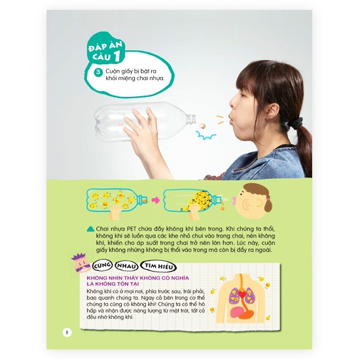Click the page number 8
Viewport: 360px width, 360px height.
point(67,333)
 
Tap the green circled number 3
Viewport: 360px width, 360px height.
point(98,72)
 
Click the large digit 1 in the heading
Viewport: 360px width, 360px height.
point(117,56)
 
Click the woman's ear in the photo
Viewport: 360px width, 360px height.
point(272,109)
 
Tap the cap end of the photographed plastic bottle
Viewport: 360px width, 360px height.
point(191,119)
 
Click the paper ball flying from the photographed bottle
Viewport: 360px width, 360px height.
point(202,126)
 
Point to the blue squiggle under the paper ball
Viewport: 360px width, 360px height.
point(206,135)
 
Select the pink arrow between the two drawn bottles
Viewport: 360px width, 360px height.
point(156,200)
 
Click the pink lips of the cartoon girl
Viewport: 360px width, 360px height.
point(234,201)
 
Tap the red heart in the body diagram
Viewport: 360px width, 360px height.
point(242,293)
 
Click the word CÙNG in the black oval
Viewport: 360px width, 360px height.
point(102,266)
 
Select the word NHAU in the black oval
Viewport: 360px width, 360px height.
point(126,266)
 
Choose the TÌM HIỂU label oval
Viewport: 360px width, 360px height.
point(158,266)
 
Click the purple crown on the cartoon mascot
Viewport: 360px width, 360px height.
point(79,256)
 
